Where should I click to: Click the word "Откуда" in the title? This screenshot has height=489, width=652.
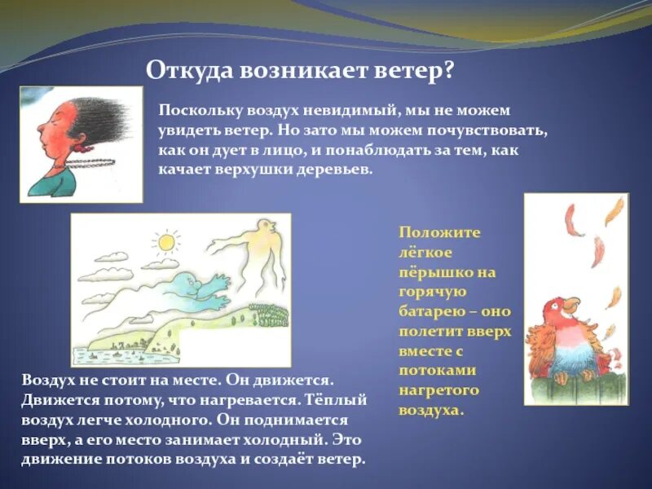click(190, 71)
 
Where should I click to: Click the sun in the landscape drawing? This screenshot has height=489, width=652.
click(166, 242)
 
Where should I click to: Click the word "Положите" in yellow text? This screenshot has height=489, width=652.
click(439, 232)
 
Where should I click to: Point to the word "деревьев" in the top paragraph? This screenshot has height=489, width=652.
click(333, 170)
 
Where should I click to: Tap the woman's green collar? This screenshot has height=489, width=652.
click(53, 183)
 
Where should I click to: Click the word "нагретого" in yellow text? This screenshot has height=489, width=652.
click(438, 391)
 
